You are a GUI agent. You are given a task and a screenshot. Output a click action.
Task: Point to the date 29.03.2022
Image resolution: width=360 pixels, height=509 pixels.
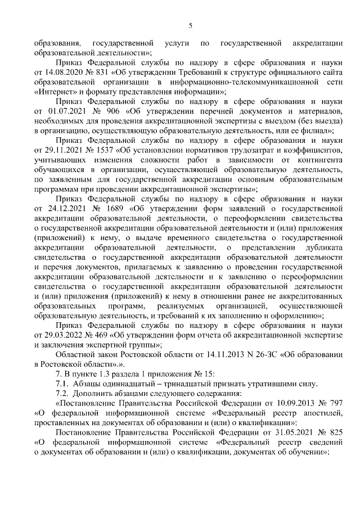pyautogui.click(x=63, y=335)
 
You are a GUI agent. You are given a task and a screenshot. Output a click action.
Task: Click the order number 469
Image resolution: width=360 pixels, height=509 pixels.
pyautogui.click(x=102, y=335)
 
